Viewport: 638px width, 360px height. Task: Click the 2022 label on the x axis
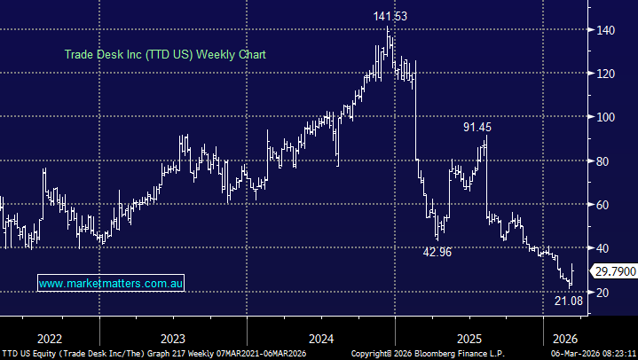point(49,338)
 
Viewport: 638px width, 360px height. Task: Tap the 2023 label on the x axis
point(173,338)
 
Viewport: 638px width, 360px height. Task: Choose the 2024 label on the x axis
point(321,338)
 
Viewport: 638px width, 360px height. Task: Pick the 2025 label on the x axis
point(469,338)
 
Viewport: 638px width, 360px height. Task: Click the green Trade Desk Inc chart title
point(165,54)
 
